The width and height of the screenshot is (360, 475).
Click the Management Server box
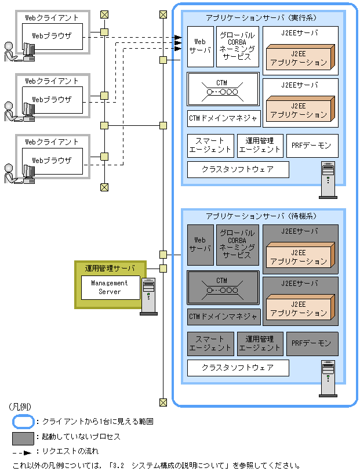click(110, 287)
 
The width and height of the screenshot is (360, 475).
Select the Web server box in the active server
click(200, 46)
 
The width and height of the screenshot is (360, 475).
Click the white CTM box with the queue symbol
click(223, 89)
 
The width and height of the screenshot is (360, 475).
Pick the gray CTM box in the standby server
click(223, 287)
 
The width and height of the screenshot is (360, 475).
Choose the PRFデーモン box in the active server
click(312, 146)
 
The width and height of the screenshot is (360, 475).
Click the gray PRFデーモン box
click(312, 343)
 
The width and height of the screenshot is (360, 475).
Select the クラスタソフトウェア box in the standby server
click(238, 367)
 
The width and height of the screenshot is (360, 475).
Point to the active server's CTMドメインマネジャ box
click(223, 118)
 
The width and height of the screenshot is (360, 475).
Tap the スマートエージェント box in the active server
click(210, 146)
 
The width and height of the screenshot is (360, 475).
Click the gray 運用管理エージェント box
click(260, 343)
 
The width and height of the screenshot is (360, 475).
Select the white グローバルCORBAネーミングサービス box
click(237, 46)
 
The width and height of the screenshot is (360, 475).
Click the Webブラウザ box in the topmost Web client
click(52, 36)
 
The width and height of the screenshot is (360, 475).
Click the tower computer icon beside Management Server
click(148, 296)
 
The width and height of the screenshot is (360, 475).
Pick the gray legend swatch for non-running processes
click(22, 436)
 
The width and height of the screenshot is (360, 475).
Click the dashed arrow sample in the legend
click(22, 451)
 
